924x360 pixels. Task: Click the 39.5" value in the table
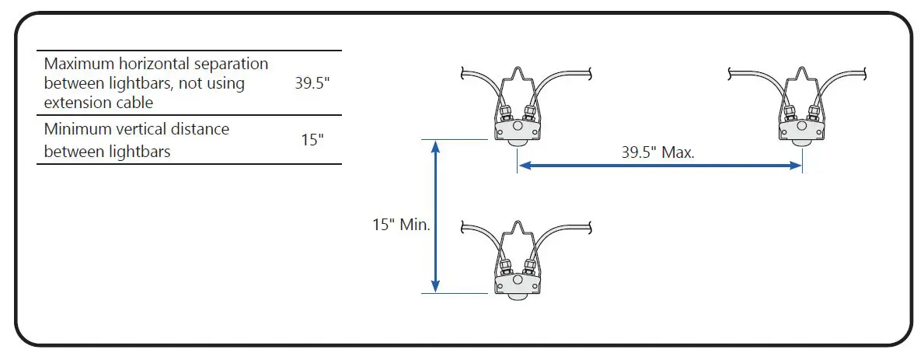click(312, 83)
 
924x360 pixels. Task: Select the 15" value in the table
click(312, 141)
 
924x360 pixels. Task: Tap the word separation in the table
click(233, 64)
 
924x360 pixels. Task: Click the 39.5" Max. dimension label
click(657, 152)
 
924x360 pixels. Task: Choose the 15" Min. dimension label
click(401, 225)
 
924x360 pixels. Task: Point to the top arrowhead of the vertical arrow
click(436, 146)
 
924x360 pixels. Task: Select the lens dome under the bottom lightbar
click(517, 295)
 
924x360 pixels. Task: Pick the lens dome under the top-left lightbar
click(517, 142)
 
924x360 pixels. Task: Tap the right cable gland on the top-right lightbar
click(816, 113)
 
